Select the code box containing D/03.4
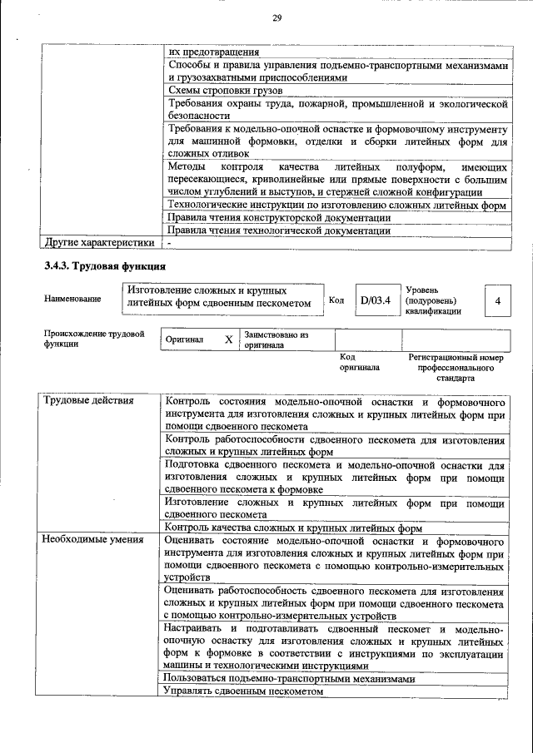point(376,300)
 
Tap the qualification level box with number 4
point(497,300)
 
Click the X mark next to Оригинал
point(228,339)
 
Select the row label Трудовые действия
point(88,401)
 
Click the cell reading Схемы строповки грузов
point(226,90)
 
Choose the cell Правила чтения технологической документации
point(279,230)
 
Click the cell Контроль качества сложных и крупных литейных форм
point(294,528)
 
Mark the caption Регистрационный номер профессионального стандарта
point(456,366)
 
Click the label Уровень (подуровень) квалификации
point(432,300)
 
